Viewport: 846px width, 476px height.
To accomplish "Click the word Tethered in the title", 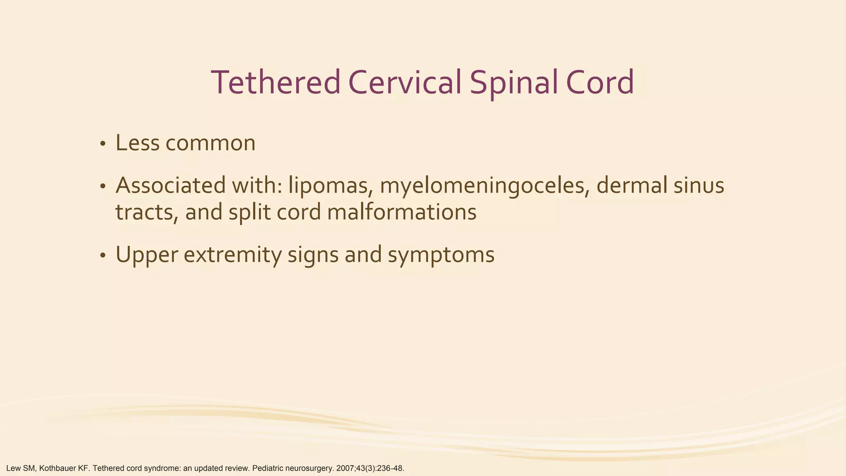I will pyautogui.click(x=276, y=83).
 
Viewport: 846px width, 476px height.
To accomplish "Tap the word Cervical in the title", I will pyautogui.click(x=404, y=83).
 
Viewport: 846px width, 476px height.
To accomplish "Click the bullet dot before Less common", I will pyautogui.click(x=103, y=144).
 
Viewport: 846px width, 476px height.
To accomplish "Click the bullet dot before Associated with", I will pyautogui.click(x=103, y=186).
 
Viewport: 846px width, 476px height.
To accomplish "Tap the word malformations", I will pyautogui.click(x=402, y=212).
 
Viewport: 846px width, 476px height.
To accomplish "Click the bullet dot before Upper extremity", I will pyautogui.click(x=103, y=256).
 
